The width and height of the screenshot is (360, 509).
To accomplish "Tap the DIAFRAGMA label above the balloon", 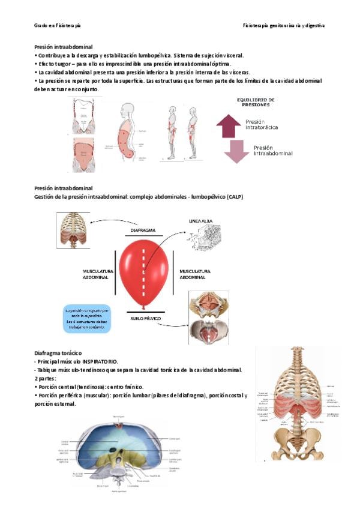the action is point(143,230).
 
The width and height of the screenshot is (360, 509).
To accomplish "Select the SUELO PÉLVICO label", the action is point(145,318).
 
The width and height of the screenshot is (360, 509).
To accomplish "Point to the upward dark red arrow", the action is point(228,126).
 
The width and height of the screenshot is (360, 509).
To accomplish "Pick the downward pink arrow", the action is point(236,151).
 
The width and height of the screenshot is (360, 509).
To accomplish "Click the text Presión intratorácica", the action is point(262,124).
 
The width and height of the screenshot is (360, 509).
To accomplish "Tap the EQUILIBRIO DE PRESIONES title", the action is point(256,102).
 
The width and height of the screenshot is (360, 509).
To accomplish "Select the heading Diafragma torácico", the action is point(58,354).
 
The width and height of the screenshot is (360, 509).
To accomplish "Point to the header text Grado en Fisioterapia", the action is point(57,26).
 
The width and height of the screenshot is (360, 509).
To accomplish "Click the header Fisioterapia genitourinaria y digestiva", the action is point(284,26).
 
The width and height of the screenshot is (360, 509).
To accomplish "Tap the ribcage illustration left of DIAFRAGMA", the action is point(74,230).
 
